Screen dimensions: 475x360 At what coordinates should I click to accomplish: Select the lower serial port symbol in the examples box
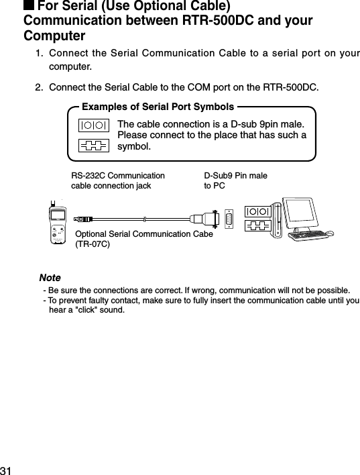tap(93, 146)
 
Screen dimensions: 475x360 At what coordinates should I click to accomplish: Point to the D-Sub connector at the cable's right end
tap(206, 219)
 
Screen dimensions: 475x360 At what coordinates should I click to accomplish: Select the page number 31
tap(7, 468)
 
